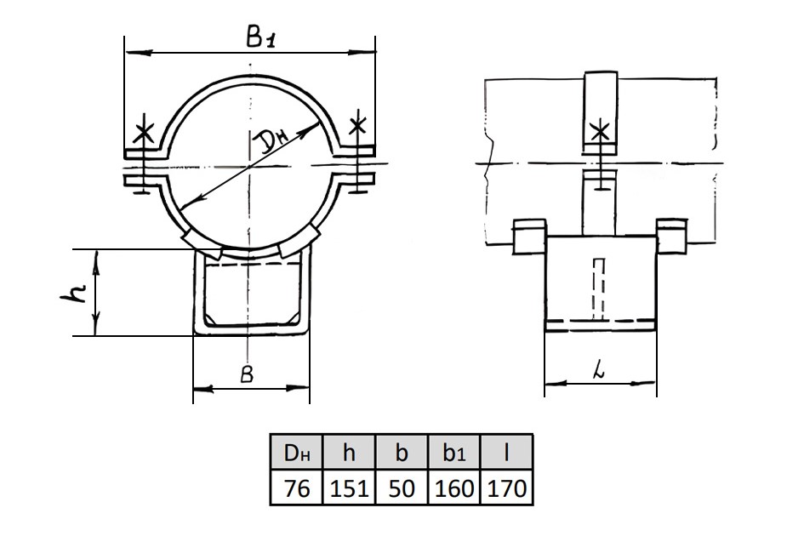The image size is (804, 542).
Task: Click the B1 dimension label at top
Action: coord(260,37)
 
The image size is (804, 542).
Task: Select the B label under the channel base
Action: coord(247,375)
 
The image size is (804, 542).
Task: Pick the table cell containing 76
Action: coord(297,488)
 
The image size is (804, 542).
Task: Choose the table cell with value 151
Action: coord(349,488)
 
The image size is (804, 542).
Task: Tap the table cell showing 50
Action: coord(402,488)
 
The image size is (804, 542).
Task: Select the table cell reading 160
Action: coord(453,488)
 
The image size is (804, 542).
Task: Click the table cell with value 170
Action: coord(506,488)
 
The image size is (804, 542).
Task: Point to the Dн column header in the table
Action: coord(297,453)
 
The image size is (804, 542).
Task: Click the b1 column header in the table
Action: coord(453,453)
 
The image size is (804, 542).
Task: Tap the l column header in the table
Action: coord(506,453)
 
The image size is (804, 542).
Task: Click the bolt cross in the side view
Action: coord(600,131)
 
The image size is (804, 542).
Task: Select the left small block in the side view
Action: coord(530,236)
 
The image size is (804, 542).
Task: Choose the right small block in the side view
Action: coord(672,236)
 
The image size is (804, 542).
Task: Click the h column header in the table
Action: coord(349,453)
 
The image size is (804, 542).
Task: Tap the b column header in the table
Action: coord(402,453)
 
